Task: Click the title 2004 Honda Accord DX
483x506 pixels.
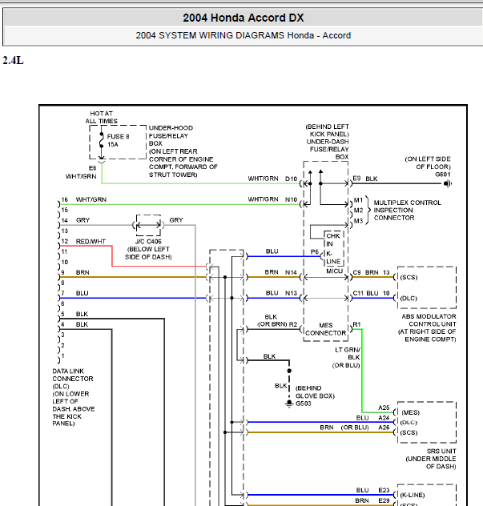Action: (244, 18)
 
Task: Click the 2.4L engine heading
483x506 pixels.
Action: (13, 60)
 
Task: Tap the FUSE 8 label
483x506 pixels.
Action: (119, 136)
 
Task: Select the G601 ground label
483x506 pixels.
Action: (443, 175)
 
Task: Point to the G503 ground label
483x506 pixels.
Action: (303, 404)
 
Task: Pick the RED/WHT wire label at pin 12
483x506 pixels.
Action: (91, 241)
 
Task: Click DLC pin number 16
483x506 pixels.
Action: (65, 199)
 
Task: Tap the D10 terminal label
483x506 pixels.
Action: (291, 179)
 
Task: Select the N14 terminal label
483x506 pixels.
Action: (291, 272)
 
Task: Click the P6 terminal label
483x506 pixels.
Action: (315, 251)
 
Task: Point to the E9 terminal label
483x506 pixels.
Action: (356, 179)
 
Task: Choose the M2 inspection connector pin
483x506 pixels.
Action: (358, 211)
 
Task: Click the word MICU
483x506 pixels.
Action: (334, 271)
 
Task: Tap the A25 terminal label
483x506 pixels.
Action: (384, 408)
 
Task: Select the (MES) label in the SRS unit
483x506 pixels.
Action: (410, 412)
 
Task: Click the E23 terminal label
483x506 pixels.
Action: (384, 490)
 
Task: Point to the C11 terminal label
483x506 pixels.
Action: (358, 293)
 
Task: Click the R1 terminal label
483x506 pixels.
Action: (356, 324)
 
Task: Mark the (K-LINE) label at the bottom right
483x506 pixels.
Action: (413, 495)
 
